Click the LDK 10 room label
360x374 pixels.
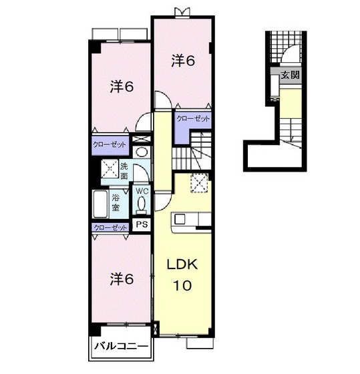[182, 274]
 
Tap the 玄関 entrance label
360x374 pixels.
[290, 75]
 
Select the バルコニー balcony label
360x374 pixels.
[121, 346]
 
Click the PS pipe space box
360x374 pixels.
[142, 224]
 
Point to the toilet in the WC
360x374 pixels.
[142, 204]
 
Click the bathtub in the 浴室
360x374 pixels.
[100, 204]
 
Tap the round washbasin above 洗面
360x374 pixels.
[141, 152]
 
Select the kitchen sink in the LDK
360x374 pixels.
[180, 219]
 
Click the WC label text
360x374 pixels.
[142, 191]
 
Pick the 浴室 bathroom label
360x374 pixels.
[116, 202]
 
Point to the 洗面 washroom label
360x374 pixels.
[124, 171]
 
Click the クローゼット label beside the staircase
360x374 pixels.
[193, 119]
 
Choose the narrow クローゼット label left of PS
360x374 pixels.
[110, 228]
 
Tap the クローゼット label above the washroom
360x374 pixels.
[110, 144]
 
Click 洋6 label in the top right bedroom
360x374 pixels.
[183, 61]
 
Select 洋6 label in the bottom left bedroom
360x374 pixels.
[122, 279]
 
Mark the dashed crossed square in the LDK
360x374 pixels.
[199, 183]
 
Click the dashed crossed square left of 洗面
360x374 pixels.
[110, 169]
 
